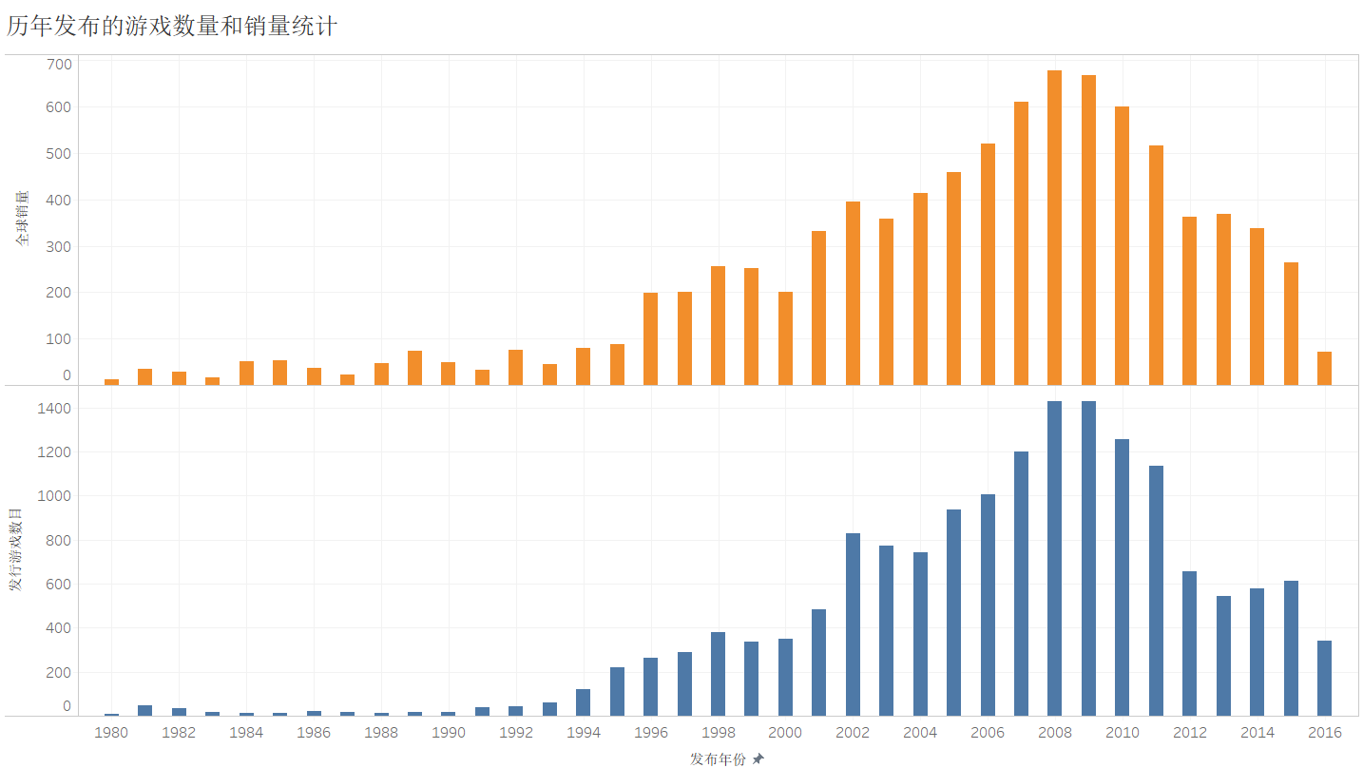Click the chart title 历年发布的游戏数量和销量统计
(x=172, y=27)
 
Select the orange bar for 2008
(x=1054, y=227)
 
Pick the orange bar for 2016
(x=1324, y=368)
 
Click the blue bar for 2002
(x=853, y=624)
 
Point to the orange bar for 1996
(x=650, y=338)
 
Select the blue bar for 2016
(x=1324, y=678)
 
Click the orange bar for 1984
(x=246, y=373)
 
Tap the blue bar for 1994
(x=583, y=701)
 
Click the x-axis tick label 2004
(x=920, y=732)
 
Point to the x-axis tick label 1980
(x=111, y=732)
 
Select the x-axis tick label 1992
(x=516, y=732)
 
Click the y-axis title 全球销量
(x=22, y=219)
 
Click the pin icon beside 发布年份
(x=758, y=759)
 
